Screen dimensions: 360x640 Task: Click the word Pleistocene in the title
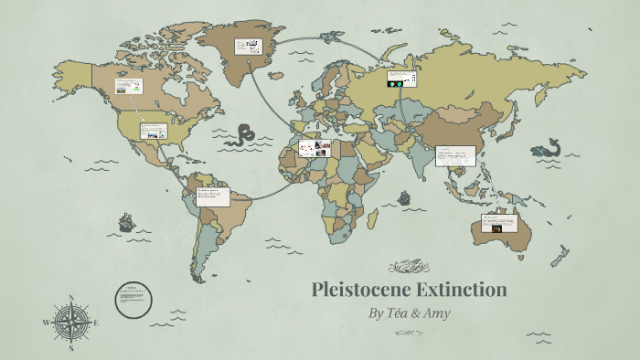click(x=359, y=291)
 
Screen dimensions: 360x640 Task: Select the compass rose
click(x=71, y=322)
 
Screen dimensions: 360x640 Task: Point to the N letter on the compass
click(x=71, y=298)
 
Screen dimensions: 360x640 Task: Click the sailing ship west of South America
click(x=125, y=223)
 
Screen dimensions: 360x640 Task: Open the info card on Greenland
click(x=248, y=46)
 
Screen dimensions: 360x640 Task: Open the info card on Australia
click(x=499, y=224)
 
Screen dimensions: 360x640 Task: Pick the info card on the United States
click(x=154, y=130)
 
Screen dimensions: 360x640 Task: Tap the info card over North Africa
click(x=312, y=148)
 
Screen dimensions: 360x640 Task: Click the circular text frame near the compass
click(x=132, y=297)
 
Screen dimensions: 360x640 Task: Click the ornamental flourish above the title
click(x=408, y=267)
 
